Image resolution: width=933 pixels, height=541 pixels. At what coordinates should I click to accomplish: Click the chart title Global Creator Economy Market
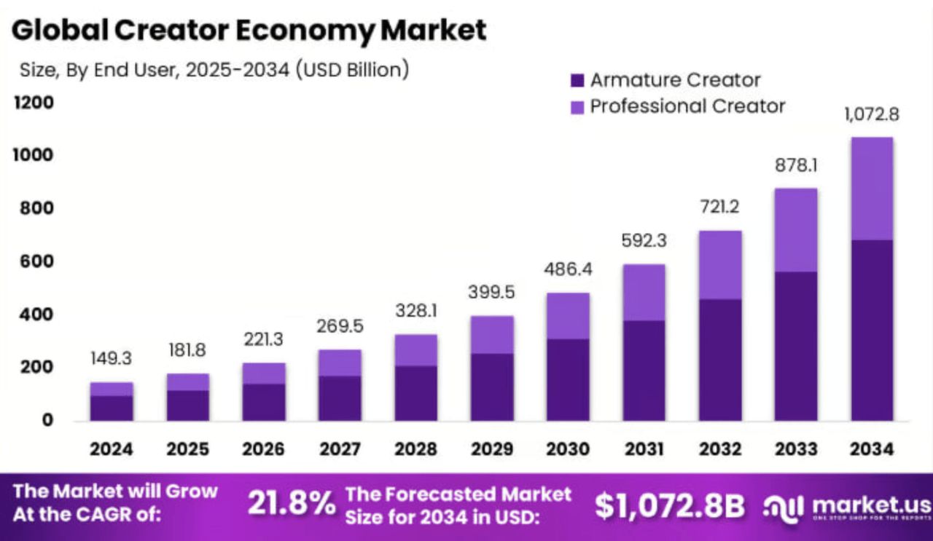249,31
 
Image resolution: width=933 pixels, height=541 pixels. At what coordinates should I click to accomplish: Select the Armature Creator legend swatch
577,80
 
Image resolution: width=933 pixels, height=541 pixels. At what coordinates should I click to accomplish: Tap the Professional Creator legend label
687,106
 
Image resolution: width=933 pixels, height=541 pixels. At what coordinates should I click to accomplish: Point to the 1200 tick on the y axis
34,103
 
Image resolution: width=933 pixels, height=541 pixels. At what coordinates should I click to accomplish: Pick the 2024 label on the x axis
112,449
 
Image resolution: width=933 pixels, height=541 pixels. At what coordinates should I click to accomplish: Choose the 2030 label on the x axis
568,449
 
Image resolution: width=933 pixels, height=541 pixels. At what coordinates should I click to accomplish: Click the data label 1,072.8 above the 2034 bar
873,114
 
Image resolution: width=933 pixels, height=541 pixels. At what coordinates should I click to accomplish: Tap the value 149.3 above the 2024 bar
112,358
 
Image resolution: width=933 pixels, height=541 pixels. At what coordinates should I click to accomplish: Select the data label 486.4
568,269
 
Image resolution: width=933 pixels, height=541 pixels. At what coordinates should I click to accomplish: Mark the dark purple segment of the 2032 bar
720,360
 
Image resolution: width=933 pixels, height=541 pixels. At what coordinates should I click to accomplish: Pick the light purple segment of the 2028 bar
416,350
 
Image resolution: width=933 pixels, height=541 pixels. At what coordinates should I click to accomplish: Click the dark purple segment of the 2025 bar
188,406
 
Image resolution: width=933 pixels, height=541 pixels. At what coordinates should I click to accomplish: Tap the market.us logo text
870,504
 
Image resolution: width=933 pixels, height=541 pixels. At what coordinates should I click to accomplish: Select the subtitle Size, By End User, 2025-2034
211,70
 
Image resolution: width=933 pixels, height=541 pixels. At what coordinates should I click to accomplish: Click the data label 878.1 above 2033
796,165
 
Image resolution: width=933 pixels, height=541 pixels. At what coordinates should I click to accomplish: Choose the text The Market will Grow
115,491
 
